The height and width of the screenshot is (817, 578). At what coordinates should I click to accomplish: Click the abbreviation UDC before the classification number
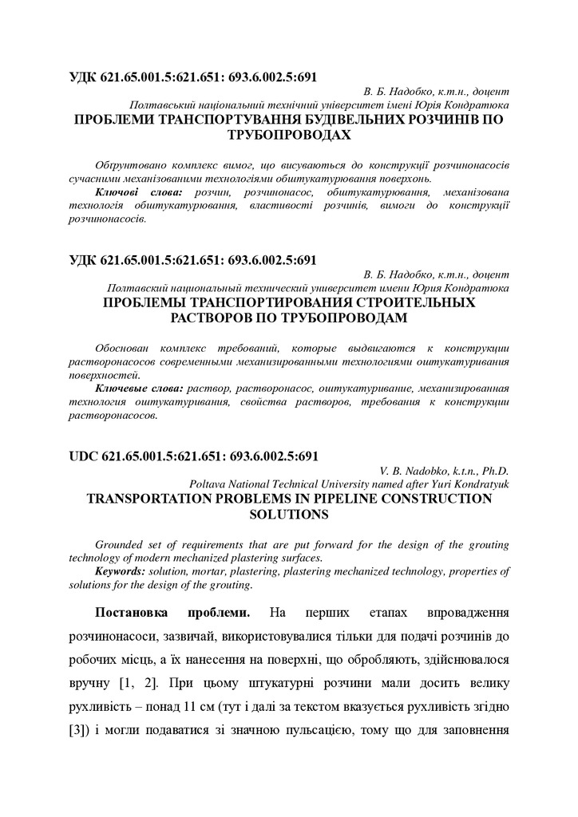[82, 456]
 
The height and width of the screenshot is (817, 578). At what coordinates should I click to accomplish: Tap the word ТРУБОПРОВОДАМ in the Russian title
[289, 317]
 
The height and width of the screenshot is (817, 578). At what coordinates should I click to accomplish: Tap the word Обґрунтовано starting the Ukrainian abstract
[129, 165]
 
